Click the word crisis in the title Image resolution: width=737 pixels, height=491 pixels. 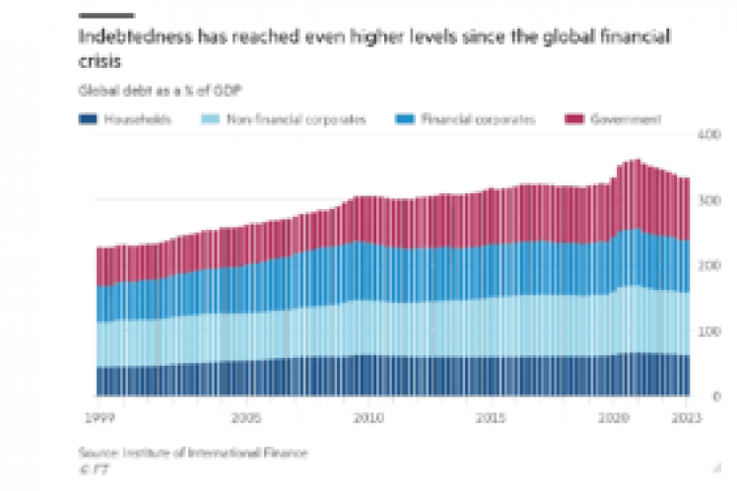(x=100, y=60)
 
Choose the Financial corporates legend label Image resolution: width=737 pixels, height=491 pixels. (x=478, y=119)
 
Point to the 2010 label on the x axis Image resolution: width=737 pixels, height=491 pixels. (x=368, y=417)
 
